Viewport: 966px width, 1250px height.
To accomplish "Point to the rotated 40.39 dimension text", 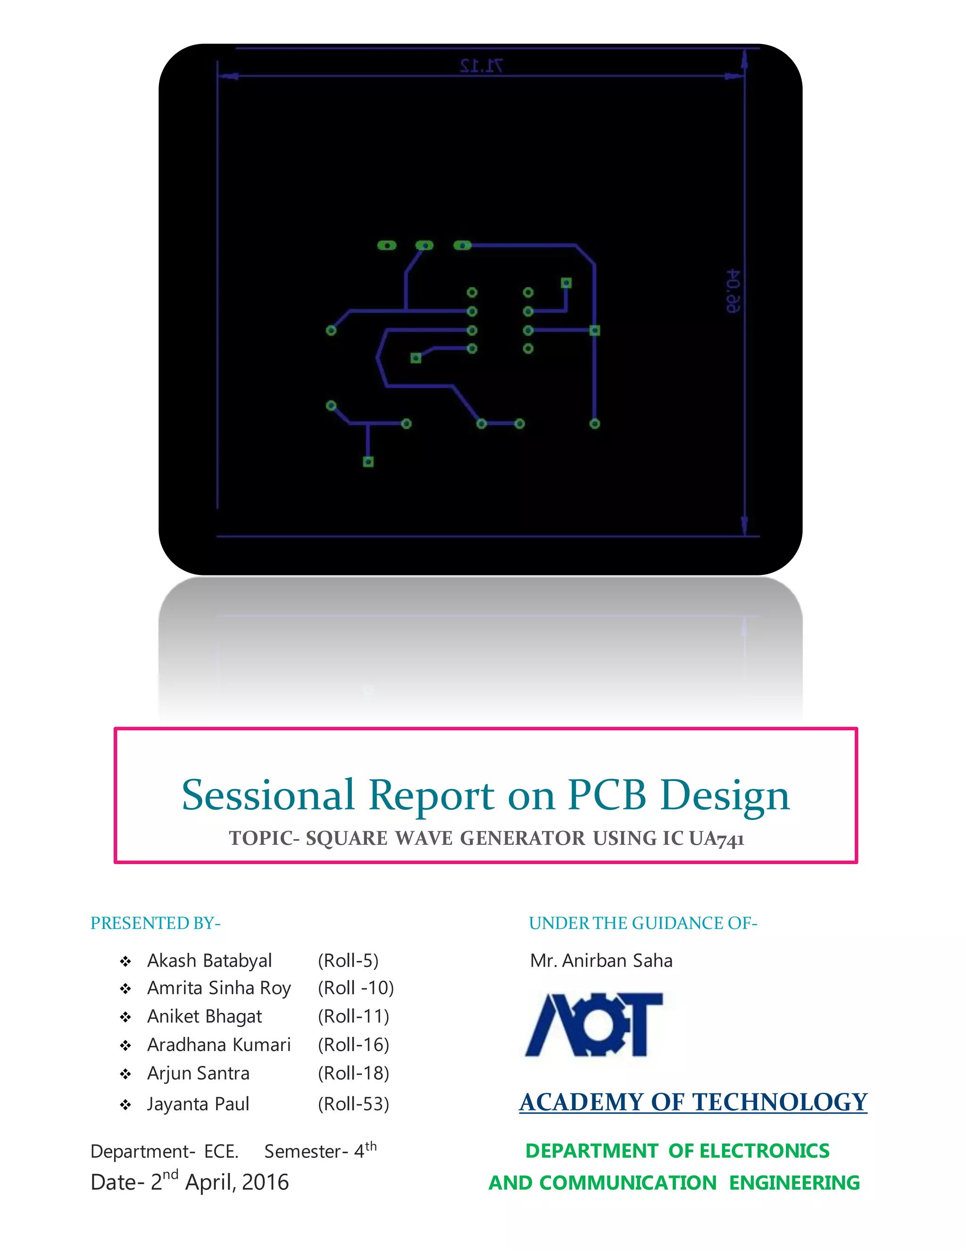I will (733, 292).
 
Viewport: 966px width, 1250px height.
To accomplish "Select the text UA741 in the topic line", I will (716, 839).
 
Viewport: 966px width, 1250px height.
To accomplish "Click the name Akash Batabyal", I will (209, 960).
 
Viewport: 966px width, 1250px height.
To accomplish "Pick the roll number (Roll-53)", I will (354, 1103).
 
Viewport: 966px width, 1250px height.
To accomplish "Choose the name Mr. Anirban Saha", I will (601, 960).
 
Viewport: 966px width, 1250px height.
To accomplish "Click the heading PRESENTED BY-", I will (156, 923).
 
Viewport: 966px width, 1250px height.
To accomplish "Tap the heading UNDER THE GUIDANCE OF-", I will (643, 923).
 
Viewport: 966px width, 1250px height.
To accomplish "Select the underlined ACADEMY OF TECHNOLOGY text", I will (693, 1102).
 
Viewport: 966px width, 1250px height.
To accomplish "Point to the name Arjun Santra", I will (198, 1073).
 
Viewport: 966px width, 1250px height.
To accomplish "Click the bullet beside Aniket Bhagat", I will (125, 1017).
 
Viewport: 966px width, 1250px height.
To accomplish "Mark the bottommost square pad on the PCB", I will (368, 462).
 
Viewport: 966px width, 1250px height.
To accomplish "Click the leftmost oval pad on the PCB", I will (387, 246).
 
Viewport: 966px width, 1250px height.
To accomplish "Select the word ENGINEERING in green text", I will (794, 1183).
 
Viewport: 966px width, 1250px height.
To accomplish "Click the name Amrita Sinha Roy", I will (219, 988).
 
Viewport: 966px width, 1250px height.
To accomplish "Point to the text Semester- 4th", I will (320, 1150).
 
